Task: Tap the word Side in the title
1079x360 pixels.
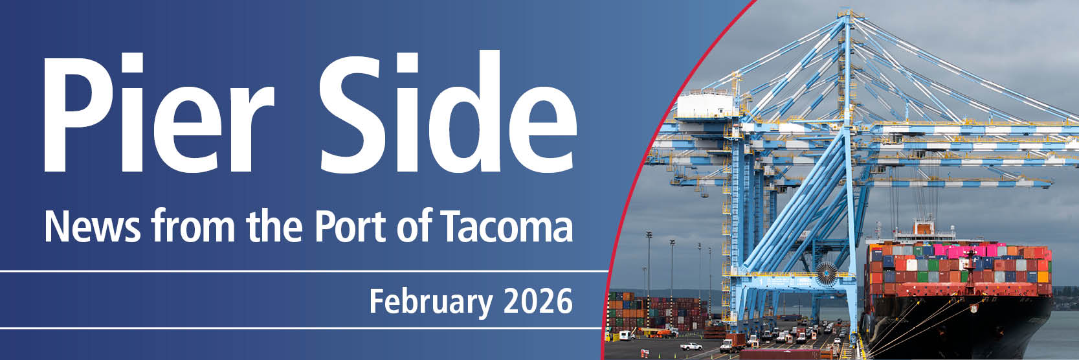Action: coord(448,111)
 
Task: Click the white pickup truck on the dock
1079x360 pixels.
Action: coord(691,346)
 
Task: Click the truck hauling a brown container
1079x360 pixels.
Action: coord(732,343)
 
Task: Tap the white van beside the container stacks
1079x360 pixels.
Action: coord(626,335)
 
